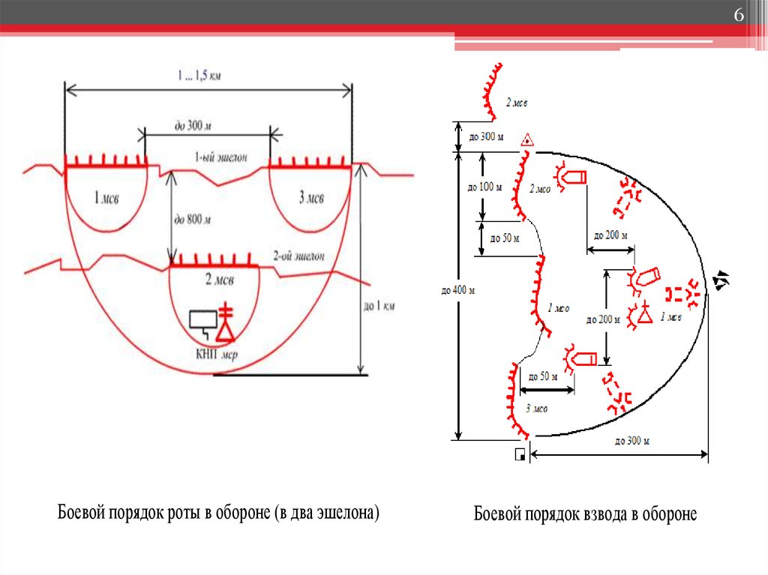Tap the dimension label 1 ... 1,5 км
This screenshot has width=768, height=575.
pyautogui.click(x=199, y=75)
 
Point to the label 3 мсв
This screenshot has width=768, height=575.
pyautogui.click(x=310, y=198)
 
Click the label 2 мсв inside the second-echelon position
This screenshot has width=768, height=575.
pyautogui.click(x=219, y=280)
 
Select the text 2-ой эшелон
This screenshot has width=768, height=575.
pyautogui.click(x=299, y=256)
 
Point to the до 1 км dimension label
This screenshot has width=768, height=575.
pyautogui.click(x=379, y=306)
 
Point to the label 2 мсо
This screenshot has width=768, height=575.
pyautogui.click(x=539, y=190)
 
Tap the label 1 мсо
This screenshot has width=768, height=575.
pyautogui.click(x=559, y=307)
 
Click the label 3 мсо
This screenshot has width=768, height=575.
pyautogui.click(x=536, y=409)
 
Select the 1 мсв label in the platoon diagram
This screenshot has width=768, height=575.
pyautogui.click(x=670, y=317)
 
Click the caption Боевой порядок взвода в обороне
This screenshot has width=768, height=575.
pyautogui.click(x=585, y=514)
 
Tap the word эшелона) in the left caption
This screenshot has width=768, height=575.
pyautogui.click(x=349, y=513)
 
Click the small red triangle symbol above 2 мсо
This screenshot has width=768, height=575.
pyautogui.click(x=527, y=139)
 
